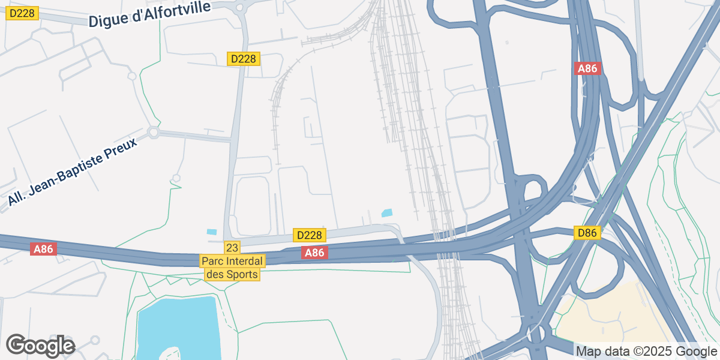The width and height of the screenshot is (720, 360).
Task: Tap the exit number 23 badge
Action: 232,247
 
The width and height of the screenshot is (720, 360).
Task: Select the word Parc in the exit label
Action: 214,262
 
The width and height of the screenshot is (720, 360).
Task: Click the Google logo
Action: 40,346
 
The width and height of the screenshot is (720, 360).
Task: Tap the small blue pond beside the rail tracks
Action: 387,212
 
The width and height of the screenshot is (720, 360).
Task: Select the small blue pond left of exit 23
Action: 212,232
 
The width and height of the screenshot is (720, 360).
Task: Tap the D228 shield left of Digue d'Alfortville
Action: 22,13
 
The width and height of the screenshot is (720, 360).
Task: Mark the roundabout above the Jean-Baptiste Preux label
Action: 153,132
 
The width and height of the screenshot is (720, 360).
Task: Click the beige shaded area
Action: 606,318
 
